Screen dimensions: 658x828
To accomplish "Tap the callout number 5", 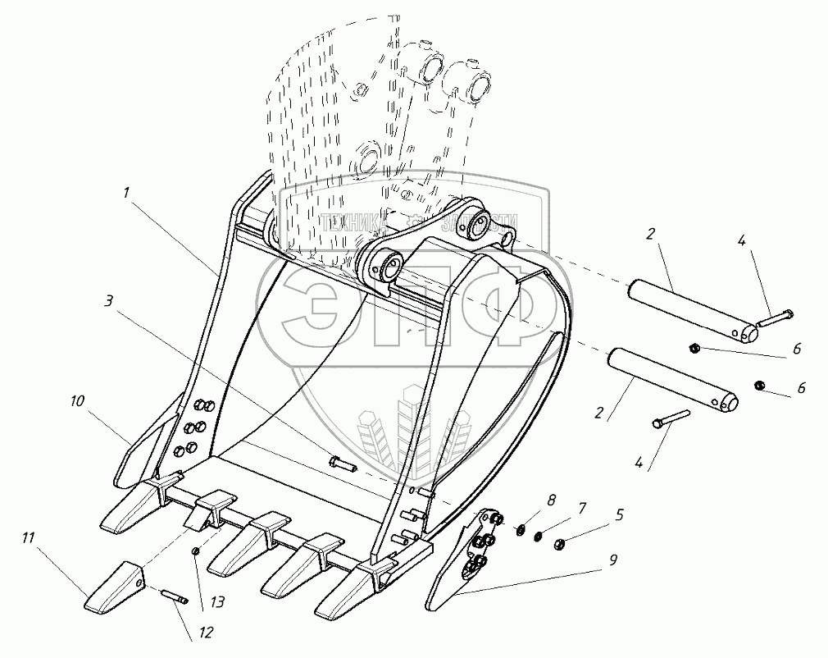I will click(619, 515).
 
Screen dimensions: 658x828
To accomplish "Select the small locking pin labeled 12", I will click(175, 597).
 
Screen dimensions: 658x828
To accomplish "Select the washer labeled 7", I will click(538, 537).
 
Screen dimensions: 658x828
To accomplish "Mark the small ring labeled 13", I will click(195, 551).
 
